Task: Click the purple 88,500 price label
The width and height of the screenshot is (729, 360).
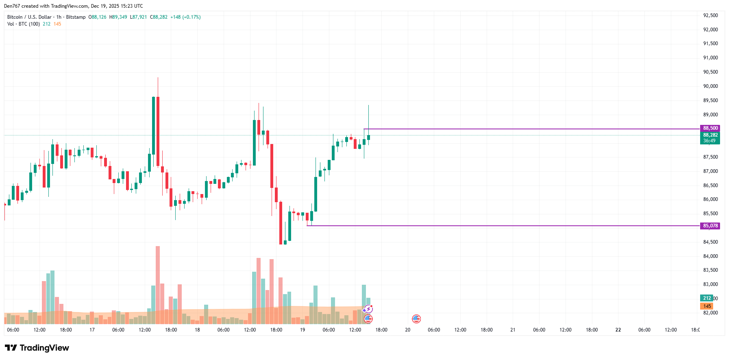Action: coord(710,128)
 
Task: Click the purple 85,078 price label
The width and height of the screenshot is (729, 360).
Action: coord(710,226)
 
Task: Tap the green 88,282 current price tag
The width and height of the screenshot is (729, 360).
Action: coord(710,135)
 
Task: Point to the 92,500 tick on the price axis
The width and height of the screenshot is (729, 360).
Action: coord(710,15)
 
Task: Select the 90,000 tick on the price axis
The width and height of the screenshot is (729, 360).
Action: coord(710,86)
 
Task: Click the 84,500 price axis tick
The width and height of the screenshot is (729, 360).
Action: coord(710,242)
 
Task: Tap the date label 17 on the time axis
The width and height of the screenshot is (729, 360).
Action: coord(92,330)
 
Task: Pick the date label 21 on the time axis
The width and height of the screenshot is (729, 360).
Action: coord(513,330)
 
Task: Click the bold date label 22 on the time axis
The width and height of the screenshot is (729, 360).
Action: coord(618,330)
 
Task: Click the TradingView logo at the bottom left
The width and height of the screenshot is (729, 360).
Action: coord(37,348)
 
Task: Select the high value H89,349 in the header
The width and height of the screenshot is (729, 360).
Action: coord(118,17)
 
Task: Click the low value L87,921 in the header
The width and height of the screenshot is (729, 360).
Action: coord(138,17)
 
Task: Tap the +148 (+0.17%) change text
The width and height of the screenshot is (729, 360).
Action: coord(185,17)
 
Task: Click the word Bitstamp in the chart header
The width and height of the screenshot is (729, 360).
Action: coord(76,17)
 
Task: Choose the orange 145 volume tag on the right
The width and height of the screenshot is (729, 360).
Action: coord(707,306)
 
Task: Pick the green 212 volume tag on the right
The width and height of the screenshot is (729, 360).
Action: coord(707,298)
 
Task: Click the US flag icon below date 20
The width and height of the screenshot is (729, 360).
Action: coord(416,319)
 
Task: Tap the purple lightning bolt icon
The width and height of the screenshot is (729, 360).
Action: coord(368,309)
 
